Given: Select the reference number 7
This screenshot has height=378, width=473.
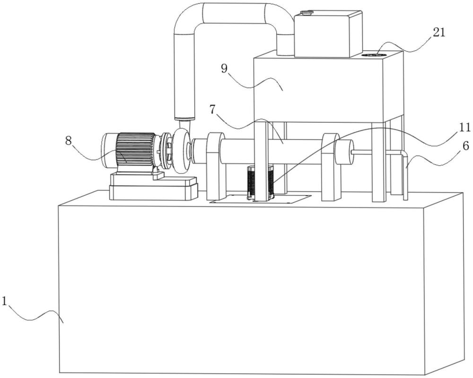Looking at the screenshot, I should click(x=213, y=108).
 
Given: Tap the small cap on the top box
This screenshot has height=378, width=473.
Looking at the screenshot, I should click(x=307, y=12).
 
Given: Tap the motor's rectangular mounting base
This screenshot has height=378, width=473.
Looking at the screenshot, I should click(x=153, y=187).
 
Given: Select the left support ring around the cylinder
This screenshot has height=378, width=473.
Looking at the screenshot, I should click(x=215, y=166).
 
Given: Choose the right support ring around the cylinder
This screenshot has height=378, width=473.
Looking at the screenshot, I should click(x=330, y=166).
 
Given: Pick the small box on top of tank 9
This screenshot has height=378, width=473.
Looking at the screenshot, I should click(x=328, y=34).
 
